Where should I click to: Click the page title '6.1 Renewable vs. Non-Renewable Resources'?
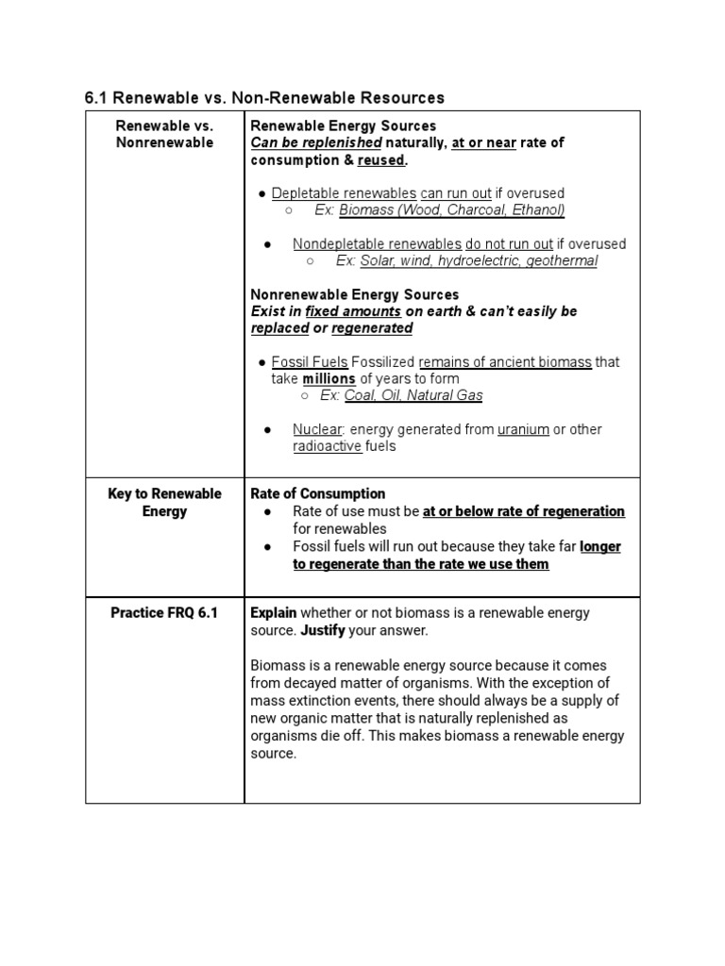tap(264, 97)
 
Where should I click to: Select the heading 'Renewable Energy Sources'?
tap(343, 125)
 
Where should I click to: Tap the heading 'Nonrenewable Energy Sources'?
tap(354, 294)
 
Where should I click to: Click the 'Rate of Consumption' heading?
tap(317, 493)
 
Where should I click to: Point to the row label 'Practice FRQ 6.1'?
tap(164, 612)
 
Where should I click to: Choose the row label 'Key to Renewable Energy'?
tap(164, 502)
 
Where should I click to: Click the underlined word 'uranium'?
tap(523, 429)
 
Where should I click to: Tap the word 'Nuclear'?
tap(317, 429)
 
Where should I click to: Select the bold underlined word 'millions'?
tap(329, 378)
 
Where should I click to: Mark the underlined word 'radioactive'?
tap(327, 446)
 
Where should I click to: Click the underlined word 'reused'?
tap(380, 159)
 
